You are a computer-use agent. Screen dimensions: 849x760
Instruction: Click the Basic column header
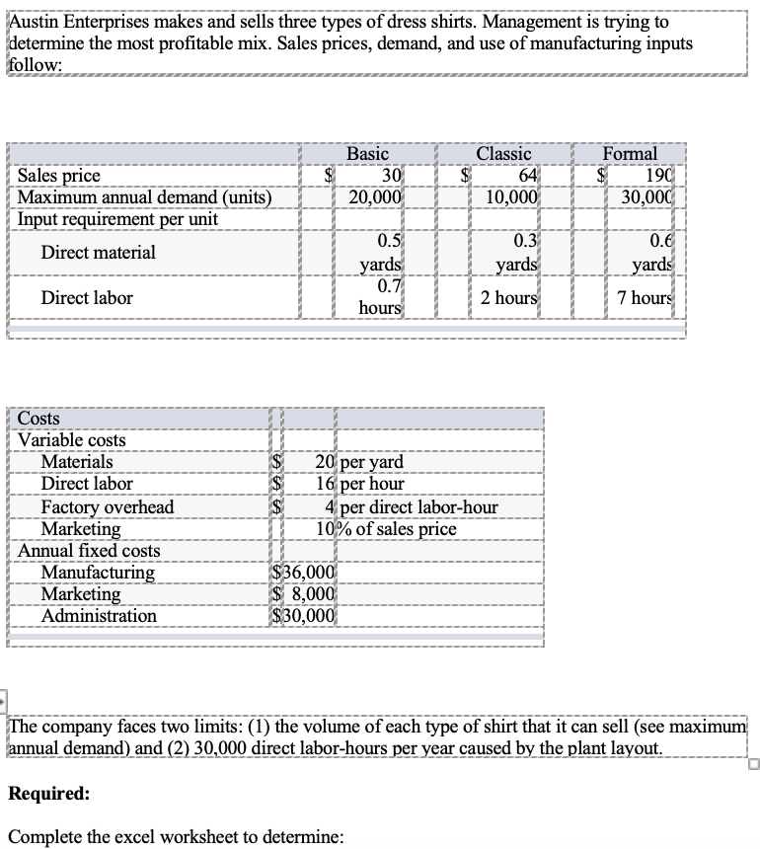point(367,154)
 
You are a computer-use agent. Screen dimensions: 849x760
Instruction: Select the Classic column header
point(503,154)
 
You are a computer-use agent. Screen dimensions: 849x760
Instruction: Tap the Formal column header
point(630,154)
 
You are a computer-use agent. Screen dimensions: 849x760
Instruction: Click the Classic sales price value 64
point(526,176)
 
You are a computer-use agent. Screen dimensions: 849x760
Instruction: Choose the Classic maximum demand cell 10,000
point(510,196)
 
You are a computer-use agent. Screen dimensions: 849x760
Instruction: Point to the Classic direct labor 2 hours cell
point(509,297)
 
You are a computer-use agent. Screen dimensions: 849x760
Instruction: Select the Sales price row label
point(59,176)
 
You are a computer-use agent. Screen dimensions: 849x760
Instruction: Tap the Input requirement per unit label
point(118,218)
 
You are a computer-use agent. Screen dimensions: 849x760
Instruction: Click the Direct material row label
point(98,253)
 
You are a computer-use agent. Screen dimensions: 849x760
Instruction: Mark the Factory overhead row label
point(107,506)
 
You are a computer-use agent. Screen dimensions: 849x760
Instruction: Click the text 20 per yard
point(359,462)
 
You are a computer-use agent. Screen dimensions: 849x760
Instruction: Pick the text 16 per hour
point(361,484)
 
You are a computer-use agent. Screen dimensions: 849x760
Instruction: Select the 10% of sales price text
point(386,528)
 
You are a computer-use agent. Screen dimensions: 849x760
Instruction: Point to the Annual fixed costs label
point(89,550)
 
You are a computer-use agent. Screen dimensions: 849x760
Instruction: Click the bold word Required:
point(49,793)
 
